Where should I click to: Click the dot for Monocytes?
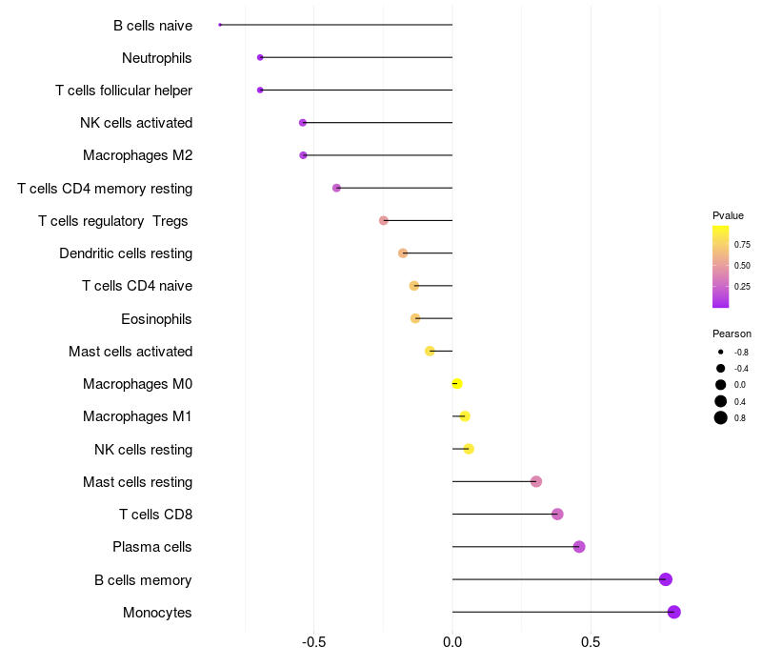(x=673, y=612)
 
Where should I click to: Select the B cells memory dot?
(x=665, y=579)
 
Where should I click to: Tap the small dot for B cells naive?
(x=220, y=25)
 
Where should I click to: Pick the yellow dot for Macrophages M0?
(x=457, y=384)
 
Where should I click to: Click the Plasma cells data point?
(x=579, y=547)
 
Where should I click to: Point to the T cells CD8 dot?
(x=557, y=514)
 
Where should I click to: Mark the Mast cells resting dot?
(x=536, y=481)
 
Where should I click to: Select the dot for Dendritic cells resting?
(x=402, y=253)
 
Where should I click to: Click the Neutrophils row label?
(x=156, y=58)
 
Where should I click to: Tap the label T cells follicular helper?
(x=124, y=91)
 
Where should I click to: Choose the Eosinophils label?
(x=156, y=319)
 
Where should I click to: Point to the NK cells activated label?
(x=136, y=123)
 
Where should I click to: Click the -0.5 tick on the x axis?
(x=313, y=642)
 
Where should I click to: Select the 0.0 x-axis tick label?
(x=452, y=642)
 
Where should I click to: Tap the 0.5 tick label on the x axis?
(x=591, y=642)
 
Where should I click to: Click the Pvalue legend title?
(x=728, y=215)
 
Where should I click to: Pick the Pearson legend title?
(x=732, y=333)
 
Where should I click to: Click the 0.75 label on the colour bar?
(x=742, y=245)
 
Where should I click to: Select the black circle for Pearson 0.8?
(x=721, y=417)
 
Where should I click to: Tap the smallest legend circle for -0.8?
(x=721, y=352)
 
